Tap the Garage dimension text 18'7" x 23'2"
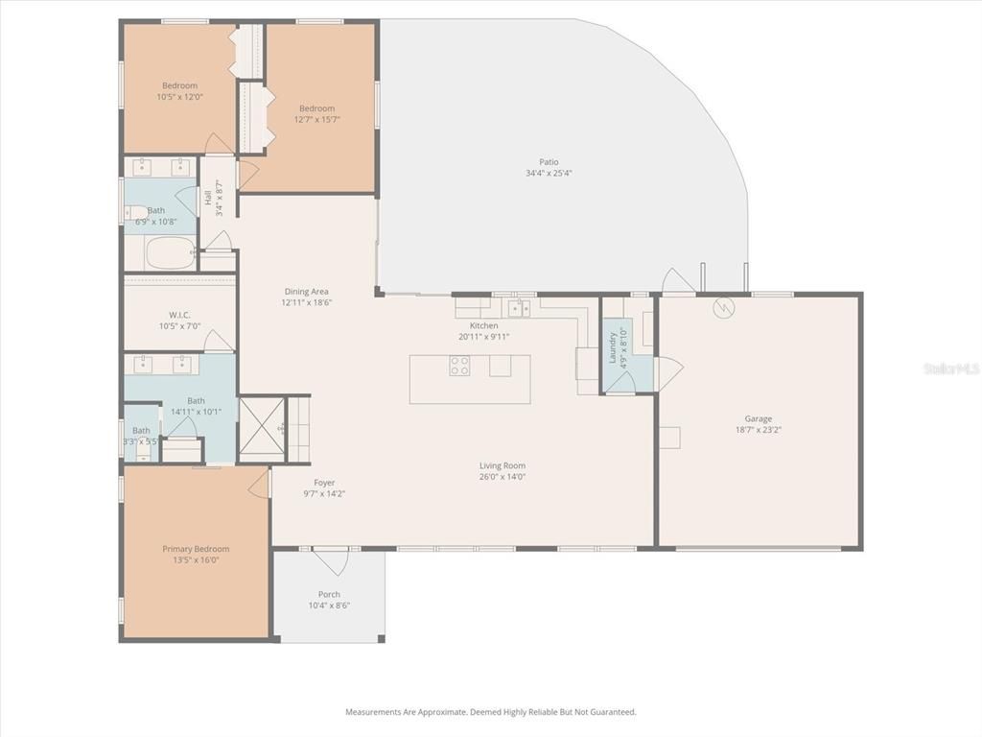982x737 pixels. (x=759, y=431)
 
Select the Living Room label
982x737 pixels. (x=503, y=465)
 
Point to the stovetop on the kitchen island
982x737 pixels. (x=460, y=366)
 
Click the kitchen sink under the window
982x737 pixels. (x=519, y=308)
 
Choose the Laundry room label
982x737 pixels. (x=612, y=347)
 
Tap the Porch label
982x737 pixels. (x=329, y=594)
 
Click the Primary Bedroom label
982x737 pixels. (x=196, y=549)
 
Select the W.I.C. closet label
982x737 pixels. (x=179, y=315)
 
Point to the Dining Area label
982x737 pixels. (x=306, y=292)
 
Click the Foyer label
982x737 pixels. (x=324, y=483)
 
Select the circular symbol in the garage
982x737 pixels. (x=722, y=308)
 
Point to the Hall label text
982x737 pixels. (x=208, y=198)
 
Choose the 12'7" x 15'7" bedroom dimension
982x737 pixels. (x=316, y=120)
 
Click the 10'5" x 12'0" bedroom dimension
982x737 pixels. (x=179, y=97)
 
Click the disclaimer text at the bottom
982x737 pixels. (x=490, y=712)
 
